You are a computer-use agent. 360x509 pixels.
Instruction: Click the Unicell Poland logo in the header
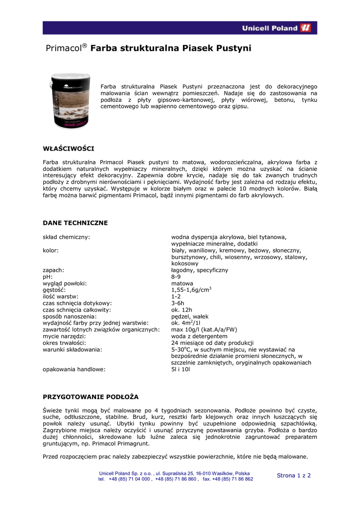[276, 28]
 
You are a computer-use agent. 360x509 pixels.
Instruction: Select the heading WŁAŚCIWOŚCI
[68, 148]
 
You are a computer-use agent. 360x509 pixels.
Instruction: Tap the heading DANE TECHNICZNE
[75, 223]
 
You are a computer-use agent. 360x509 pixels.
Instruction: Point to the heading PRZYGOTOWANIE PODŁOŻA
[90, 397]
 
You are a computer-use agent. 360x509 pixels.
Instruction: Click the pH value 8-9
[177, 276]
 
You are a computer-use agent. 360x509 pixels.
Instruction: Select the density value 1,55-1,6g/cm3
[191, 289]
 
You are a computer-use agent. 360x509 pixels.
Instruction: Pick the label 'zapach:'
[53, 270]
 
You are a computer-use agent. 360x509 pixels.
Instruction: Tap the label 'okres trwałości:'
[65, 343]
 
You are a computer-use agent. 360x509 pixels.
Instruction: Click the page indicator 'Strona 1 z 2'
[293, 475]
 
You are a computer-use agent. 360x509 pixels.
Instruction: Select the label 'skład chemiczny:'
[66, 237]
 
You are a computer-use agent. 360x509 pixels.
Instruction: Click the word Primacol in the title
[63, 48]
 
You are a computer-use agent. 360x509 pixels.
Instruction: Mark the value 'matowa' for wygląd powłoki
[182, 283]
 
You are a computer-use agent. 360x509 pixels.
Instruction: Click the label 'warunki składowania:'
[73, 349]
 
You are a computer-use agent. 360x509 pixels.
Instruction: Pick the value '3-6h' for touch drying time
[178, 303]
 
